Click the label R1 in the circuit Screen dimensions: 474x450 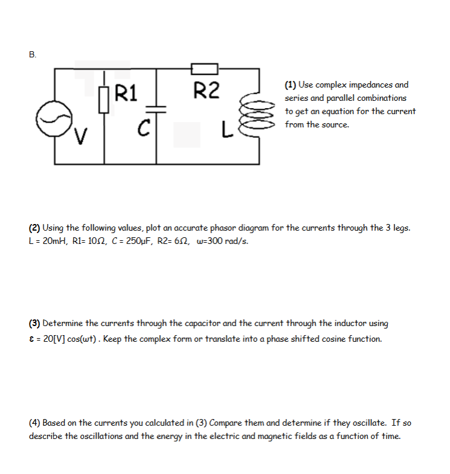pos(126,93)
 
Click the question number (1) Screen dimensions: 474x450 pos(291,85)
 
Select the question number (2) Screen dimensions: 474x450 pos(34,228)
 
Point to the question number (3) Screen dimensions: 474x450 pos(34,324)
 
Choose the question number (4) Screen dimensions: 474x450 pos(34,423)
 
